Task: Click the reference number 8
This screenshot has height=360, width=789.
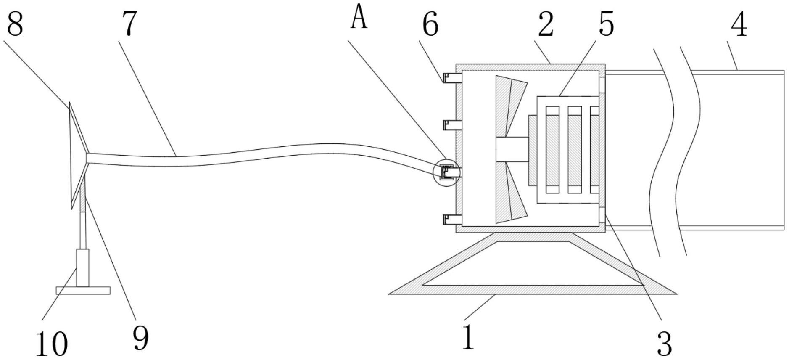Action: tap(15, 24)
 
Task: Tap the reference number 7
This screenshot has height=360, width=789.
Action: tap(130, 24)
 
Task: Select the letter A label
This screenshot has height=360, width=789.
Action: tap(359, 19)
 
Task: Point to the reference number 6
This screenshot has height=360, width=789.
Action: tap(430, 24)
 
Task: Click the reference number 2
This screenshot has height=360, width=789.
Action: tap(546, 24)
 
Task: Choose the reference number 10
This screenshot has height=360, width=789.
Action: tap(51, 343)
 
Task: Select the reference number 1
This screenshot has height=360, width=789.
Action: tap(468, 337)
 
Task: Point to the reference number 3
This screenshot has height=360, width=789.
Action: tap(664, 343)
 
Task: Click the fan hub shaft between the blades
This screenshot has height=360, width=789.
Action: tap(512, 149)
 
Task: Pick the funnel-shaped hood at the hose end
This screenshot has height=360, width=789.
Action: tap(78, 156)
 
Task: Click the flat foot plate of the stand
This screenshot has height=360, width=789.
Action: tap(83, 290)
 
